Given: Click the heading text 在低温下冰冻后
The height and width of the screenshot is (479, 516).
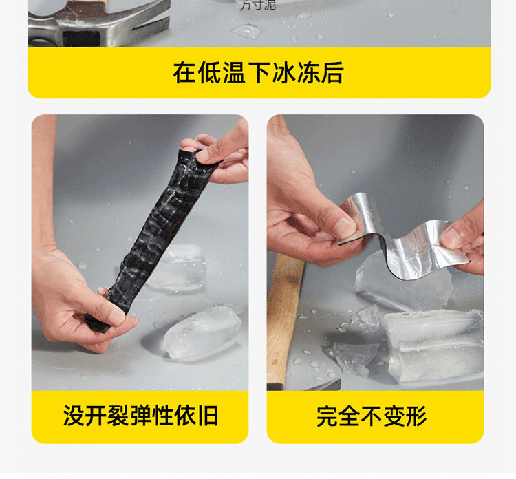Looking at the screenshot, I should point(258,73).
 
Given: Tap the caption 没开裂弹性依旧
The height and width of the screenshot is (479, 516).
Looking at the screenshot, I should point(140,416).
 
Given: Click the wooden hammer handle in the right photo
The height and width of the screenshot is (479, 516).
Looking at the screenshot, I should point(285,310).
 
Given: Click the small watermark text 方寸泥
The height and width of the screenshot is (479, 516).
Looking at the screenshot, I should point(257,6).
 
